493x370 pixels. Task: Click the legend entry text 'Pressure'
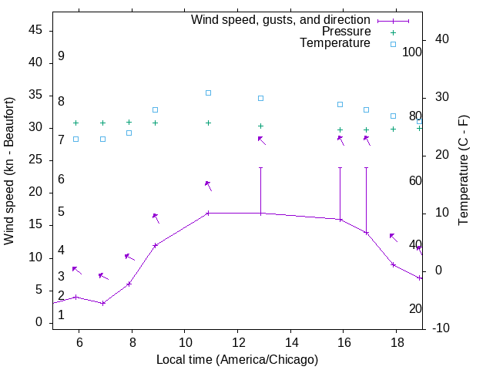(x=346, y=32)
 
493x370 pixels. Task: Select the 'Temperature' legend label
(x=335, y=43)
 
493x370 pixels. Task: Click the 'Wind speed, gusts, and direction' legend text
(x=280, y=20)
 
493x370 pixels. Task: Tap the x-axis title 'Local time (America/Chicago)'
(x=237, y=360)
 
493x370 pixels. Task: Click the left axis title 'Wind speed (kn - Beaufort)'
(x=9, y=171)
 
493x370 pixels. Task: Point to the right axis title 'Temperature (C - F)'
(x=463, y=171)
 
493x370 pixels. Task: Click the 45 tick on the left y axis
(x=35, y=30)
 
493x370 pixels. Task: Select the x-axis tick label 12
(x=237, y=341)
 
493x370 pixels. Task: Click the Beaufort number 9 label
(x=61, y=56)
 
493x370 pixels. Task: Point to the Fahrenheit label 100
(x=413, y=52)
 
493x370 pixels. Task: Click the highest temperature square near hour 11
(x=208, y=92)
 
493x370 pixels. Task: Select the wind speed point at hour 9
(x=156, y=245)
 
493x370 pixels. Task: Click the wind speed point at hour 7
(x=102, y=303)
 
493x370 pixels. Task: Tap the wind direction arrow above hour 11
(x=208, y=185)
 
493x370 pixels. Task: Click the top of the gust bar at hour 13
(x=261, y=167)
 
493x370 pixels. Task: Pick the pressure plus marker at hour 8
(x=129, y=122)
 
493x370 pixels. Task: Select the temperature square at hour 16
(x=340, y=104)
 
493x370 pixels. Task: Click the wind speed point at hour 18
(x=393, y=264)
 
